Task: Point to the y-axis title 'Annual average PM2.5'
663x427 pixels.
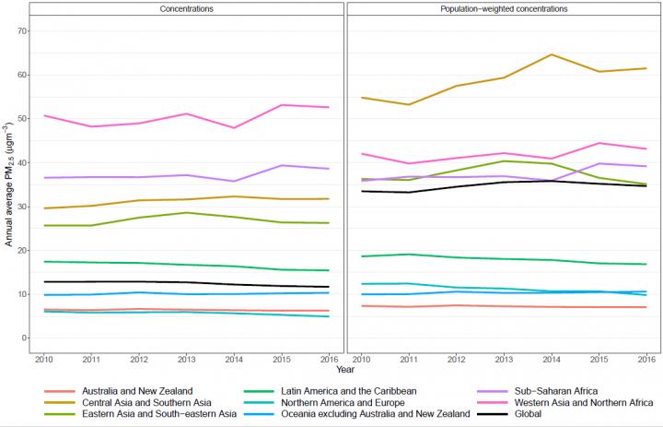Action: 9,185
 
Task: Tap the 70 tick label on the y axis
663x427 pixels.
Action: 21,31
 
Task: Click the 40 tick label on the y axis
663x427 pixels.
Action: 21,163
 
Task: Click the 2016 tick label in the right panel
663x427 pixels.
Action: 646,359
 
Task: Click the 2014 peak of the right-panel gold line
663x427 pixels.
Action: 550,54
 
